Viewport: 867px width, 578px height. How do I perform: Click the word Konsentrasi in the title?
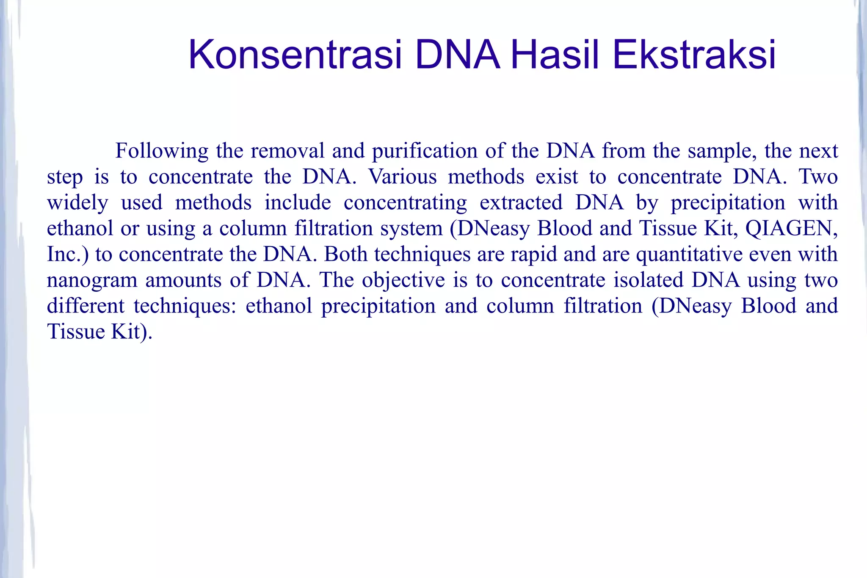pyautogui.click(x=295, y=55)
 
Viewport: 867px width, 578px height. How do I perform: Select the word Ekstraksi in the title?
pyautogui.click(x=694, y=55)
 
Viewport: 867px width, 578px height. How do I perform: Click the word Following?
pyautogui.click(x=162, y=151)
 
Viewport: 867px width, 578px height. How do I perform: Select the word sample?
pyautogui.click(x=722, y=151)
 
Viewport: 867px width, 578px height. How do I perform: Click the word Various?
pyautogui.click(x=402, y=177)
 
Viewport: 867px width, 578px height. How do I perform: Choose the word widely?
pyautogui.click(x=77, y=203)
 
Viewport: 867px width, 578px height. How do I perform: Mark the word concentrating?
pyautogui.click(x=405, y=203)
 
